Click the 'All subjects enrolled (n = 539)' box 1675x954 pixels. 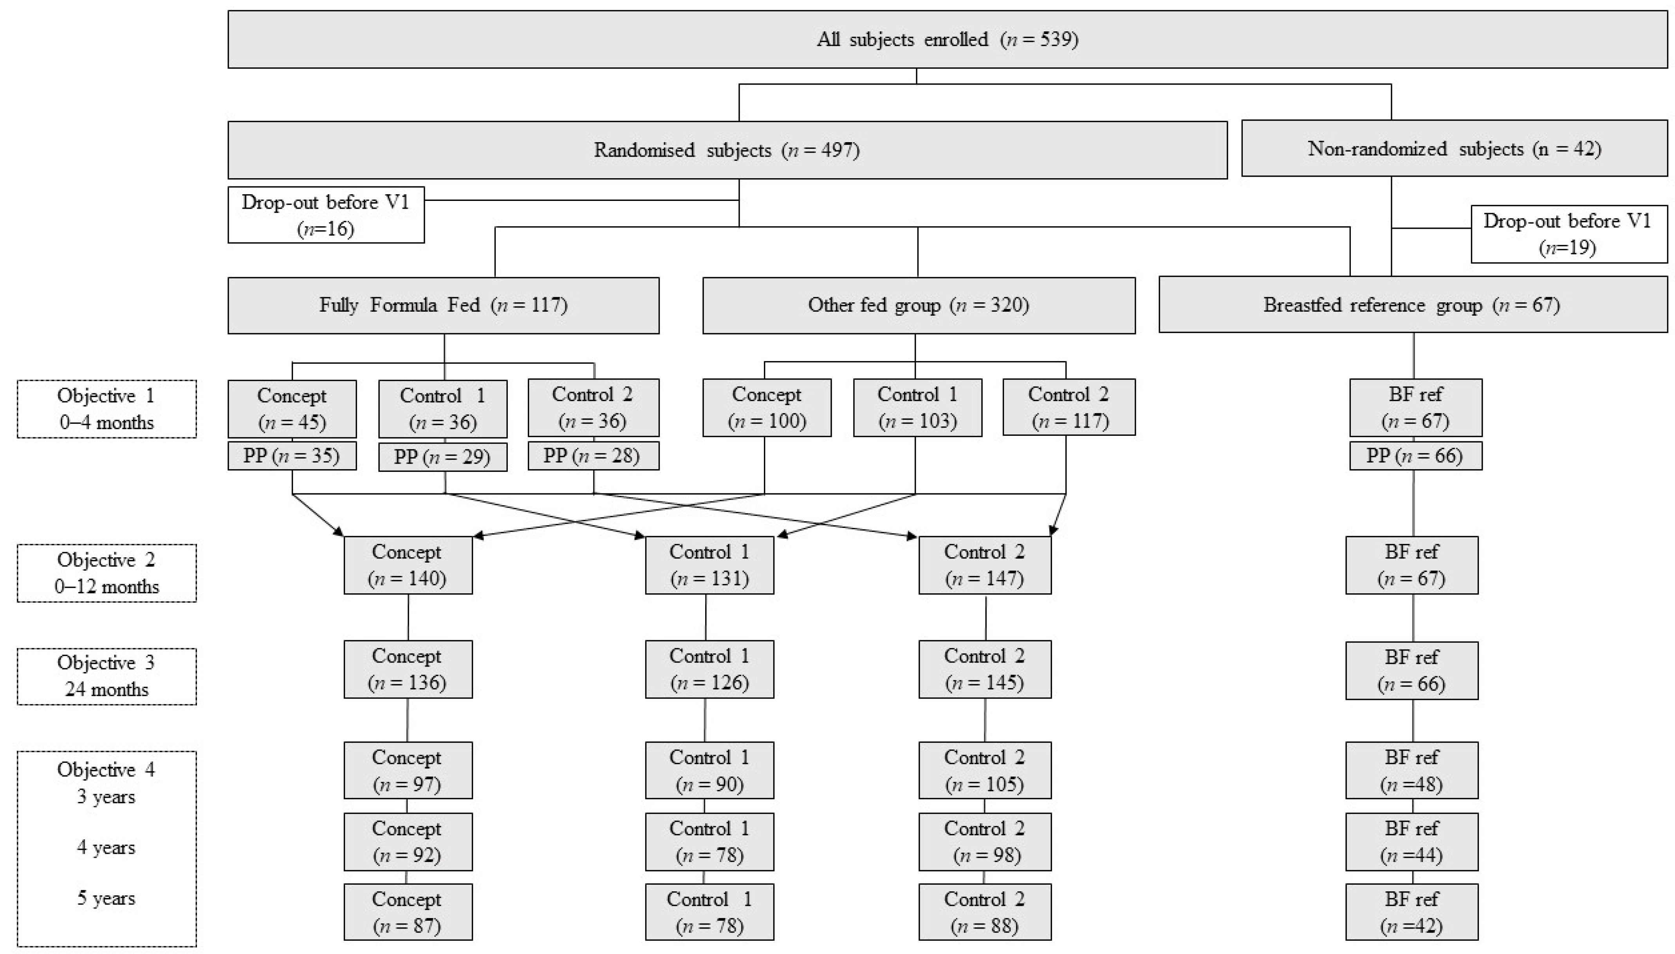947,39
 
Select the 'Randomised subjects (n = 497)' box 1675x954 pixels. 727,150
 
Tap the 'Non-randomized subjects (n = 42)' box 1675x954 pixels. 1454,149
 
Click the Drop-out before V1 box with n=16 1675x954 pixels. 326,215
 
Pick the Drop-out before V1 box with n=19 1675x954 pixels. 1568,234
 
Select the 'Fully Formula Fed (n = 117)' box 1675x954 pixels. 444,305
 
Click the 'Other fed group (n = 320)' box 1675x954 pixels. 919,305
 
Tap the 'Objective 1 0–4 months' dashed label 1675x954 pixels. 106,409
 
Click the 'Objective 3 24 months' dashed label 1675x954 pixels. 106,676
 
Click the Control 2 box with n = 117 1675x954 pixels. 1069,408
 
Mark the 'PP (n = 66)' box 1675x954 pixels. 1415,456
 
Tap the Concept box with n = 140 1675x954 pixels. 408,565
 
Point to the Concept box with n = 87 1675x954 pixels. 408,912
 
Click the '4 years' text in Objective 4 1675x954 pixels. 106,847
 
